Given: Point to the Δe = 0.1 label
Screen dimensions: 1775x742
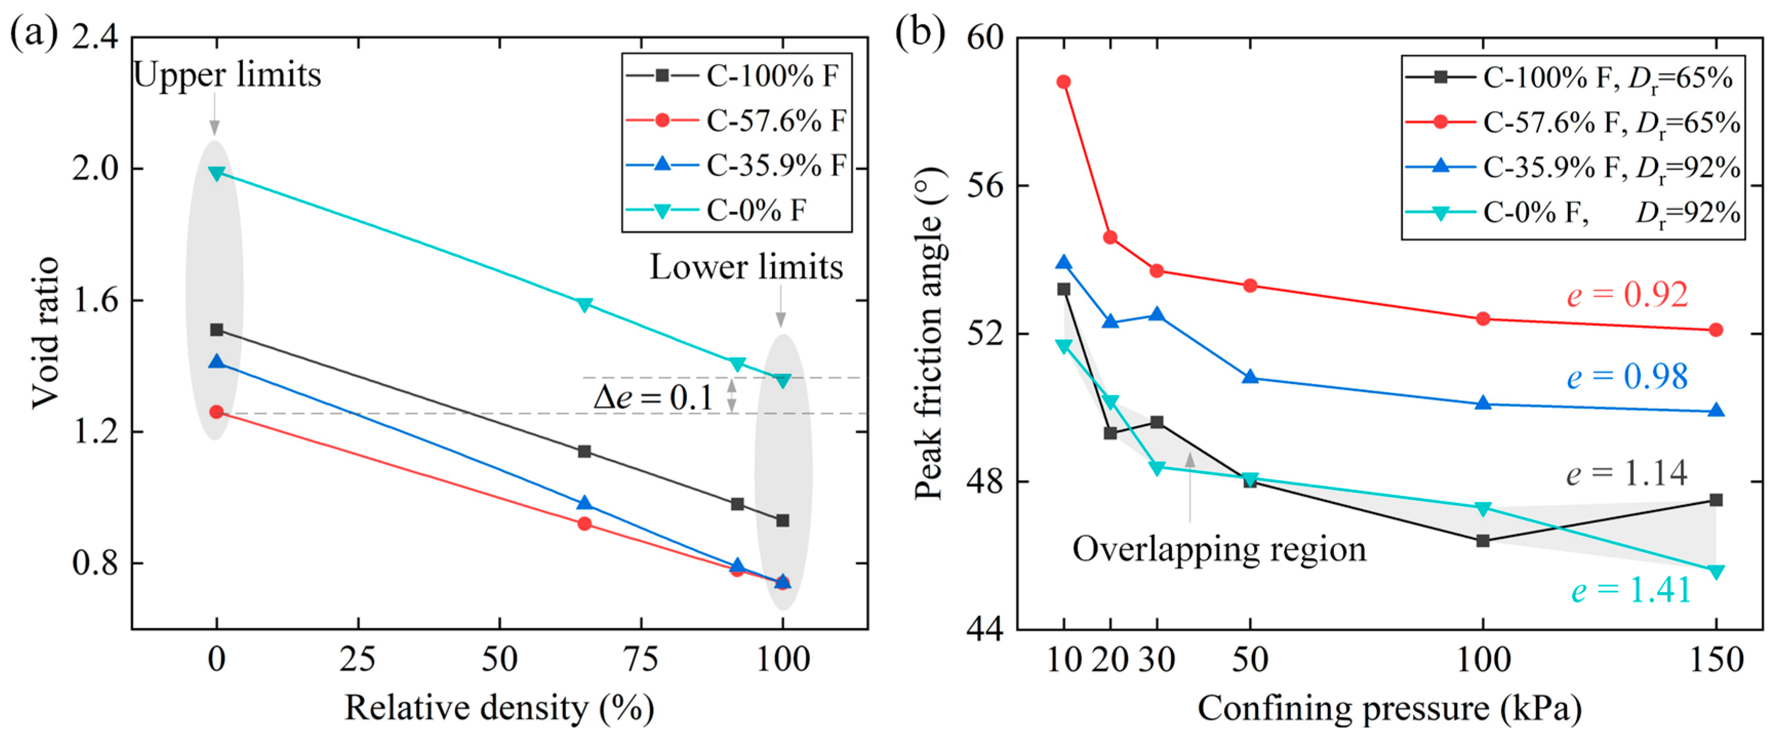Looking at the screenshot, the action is click(x=653, y=398).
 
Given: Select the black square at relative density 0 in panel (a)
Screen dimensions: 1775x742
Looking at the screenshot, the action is click(x=217, y=330).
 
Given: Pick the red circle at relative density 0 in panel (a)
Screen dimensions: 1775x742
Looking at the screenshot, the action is click(x=217, y=412).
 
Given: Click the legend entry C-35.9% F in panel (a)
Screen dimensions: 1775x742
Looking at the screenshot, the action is click(x=736, y=166).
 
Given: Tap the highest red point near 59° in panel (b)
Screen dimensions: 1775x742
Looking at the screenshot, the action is click(x=1064, y=82).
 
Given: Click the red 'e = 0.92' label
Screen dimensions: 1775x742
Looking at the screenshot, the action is click(x=1627, y=295).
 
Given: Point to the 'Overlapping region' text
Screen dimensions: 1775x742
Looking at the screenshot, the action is click(x=1219, y=549).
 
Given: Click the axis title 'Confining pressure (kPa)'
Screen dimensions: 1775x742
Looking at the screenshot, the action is click(x=1389, y=708).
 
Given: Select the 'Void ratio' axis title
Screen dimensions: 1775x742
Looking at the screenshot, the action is click(x=46, y=333).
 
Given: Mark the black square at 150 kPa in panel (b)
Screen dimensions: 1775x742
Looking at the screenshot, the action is click(x=1717, y=500).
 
